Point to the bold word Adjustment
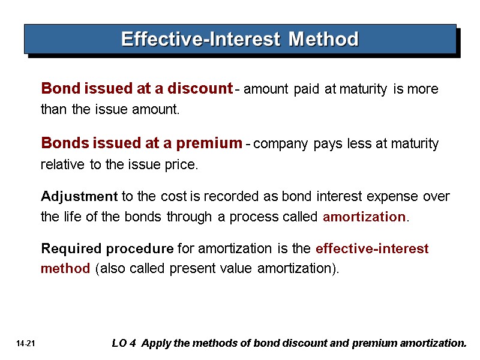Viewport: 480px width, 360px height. pyautogui.click(x=79, y=196)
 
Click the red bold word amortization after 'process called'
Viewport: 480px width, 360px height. pyautogui.click(x=364, y=217)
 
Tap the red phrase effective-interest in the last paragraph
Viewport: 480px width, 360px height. pyautogui.click(x=372, y=247)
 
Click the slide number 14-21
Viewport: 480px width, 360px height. pyautogui.click(x=27, y=344)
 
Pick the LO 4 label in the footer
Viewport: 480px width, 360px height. pyautogui.click(x=124, y=343)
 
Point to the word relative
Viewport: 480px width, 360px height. pyautogui.click(x=62, y=165)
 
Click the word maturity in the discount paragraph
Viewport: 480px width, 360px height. pyautogui.click(x=365, y=89)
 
